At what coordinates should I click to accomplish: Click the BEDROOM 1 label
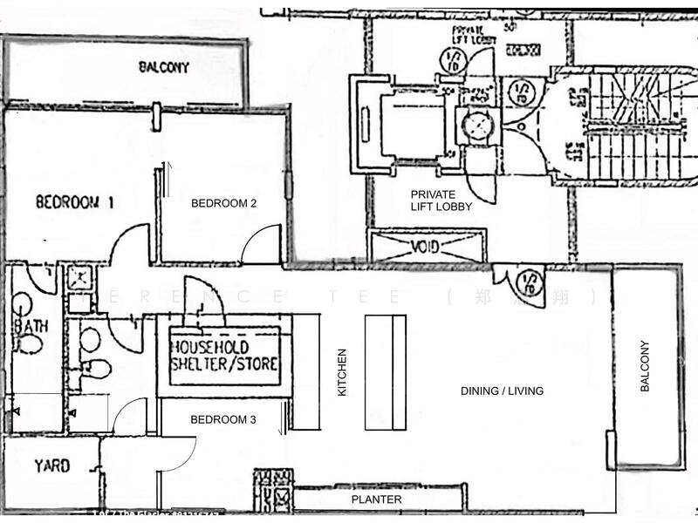pos(75,203)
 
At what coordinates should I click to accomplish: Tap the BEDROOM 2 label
pos(223,203)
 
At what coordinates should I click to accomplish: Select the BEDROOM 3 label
pos(223,419)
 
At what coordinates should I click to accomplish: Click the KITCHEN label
pos(343,373)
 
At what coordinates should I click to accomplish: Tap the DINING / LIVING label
pos(502,391)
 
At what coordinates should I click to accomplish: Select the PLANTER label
pos(376,499)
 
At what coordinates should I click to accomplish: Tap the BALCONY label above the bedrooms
pos(164,67)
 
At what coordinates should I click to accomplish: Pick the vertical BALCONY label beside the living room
pos(645,365)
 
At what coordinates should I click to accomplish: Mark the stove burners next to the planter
pos(273,490)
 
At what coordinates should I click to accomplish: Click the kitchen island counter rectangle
pos(386,370)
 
